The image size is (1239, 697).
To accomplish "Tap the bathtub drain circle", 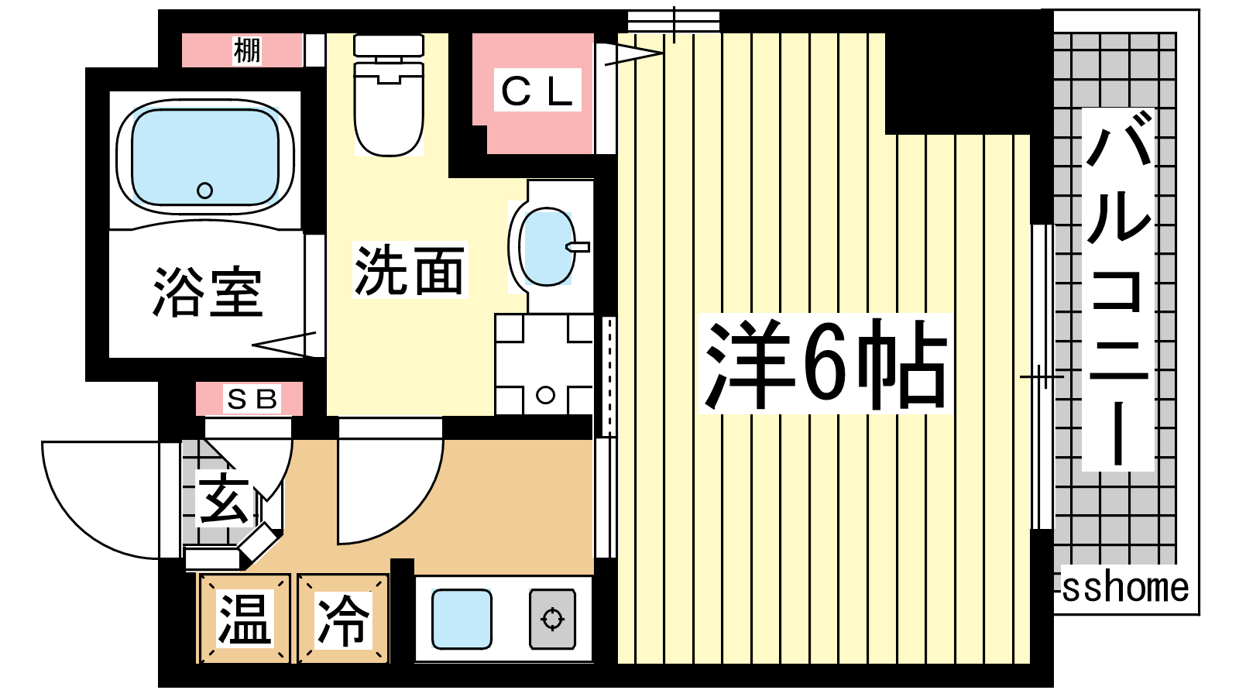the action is click(204, 191).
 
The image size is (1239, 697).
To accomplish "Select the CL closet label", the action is click(537, 91).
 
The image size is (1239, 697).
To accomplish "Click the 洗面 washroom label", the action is click(410, 270).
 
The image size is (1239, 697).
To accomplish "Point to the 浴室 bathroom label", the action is click(208, 293).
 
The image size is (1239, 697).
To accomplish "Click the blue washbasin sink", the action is click(548, 247).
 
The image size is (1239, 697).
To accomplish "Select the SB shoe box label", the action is click(252, 399).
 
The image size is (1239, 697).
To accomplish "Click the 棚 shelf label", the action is click(247, 50).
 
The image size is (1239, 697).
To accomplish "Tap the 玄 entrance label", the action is click(224, 498).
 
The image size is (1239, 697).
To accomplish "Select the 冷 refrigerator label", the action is click(343, 620).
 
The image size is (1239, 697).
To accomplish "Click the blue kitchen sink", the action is click(462, 619).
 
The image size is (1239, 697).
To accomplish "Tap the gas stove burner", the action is click(553, 619).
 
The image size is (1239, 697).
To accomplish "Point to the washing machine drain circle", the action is click(545, 395).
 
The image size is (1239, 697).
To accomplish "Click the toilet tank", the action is click(388, 46).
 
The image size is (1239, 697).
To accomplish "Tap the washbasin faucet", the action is click(578, 247).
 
